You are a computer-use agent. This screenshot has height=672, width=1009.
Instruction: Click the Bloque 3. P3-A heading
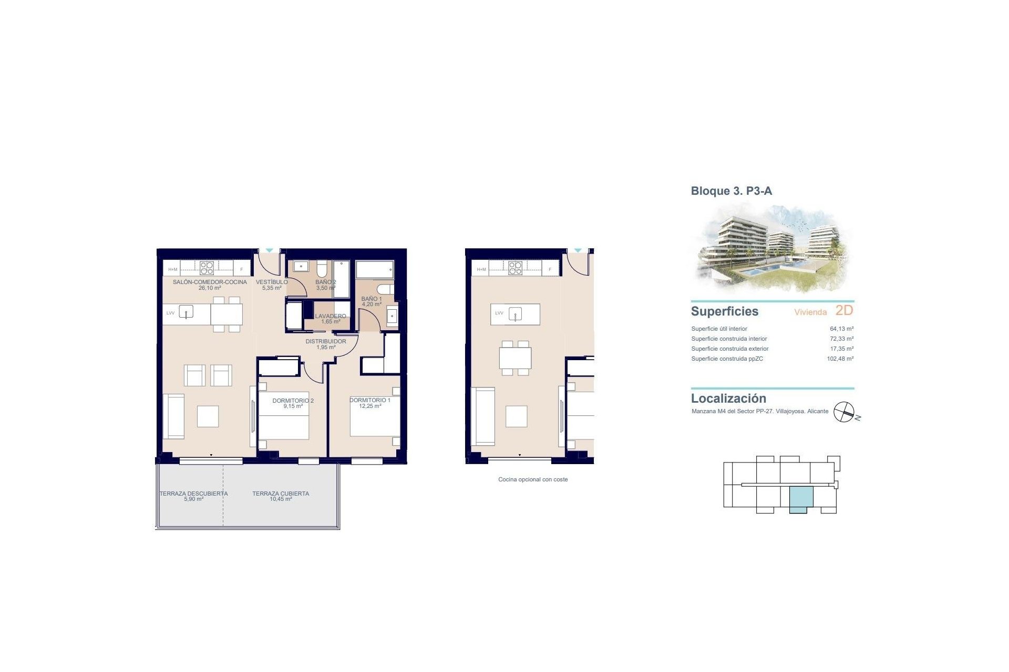(731, 191)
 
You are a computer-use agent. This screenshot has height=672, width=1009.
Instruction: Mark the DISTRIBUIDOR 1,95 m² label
(326, 344)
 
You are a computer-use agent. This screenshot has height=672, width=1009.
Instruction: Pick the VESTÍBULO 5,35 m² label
(272, 285)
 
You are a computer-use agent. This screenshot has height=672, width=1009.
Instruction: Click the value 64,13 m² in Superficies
(841, 329)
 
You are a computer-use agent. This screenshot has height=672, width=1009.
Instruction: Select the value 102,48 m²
(840, 359)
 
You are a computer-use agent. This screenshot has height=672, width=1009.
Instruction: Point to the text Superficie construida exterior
(729, 349)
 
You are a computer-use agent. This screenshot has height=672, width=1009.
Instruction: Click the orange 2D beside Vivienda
(844, 310)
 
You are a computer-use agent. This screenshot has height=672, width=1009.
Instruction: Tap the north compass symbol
(844, 412)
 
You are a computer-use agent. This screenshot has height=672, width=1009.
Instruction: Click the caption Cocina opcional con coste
(533, 479)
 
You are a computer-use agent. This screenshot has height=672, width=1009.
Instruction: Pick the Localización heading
(728, 398)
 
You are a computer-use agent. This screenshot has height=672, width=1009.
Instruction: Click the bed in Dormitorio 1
(374, 422)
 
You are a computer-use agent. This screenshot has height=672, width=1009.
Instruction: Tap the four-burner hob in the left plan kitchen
(207, 268)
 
